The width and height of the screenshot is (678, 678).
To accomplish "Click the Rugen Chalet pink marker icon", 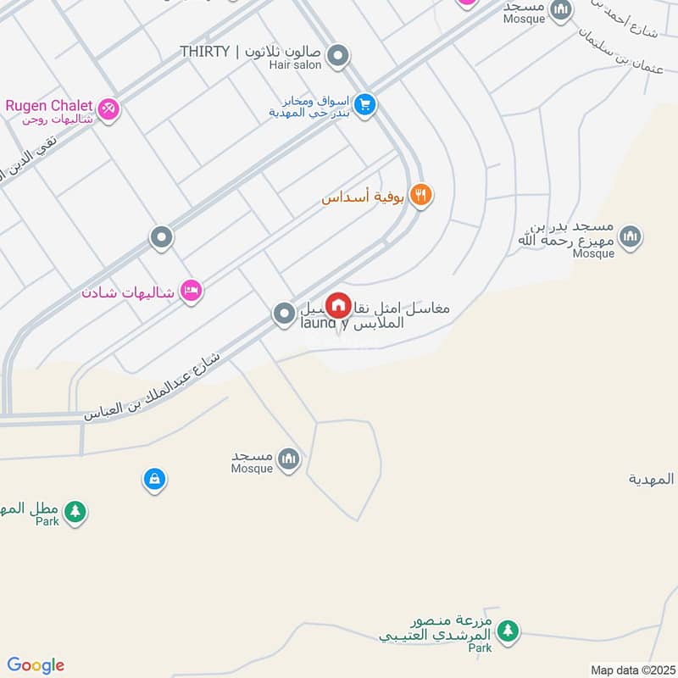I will pos(108,108).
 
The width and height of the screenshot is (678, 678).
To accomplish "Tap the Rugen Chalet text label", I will pos(49,105).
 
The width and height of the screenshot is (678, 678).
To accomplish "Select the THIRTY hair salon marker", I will pos(338,57).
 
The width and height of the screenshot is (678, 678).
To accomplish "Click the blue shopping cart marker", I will pos(365,105).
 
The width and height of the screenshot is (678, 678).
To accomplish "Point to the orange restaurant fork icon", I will pos(420,196).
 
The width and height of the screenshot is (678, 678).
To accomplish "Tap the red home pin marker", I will pos(339,305).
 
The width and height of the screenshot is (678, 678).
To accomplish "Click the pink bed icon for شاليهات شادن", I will pos(192,291).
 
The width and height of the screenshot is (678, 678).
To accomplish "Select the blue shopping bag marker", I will pos(153,480).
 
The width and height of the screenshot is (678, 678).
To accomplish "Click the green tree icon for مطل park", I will pos(75,511).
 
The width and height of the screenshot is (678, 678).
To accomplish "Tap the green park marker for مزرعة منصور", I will pos(508,631).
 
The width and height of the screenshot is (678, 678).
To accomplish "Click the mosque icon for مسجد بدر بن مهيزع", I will pos(630,236).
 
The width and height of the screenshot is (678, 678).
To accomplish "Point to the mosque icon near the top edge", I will pos(560,10).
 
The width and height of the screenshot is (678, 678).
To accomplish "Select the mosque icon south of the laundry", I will pos(289,458).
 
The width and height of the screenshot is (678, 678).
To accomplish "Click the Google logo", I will pos(36,665).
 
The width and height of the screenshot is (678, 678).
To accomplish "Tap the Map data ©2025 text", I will pos(631,670).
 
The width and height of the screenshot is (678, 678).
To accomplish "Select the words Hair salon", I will pos(296,64).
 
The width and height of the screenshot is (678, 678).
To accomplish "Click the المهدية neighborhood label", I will pos(652,479).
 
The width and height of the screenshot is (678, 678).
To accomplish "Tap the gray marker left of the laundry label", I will pos(283,314).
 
